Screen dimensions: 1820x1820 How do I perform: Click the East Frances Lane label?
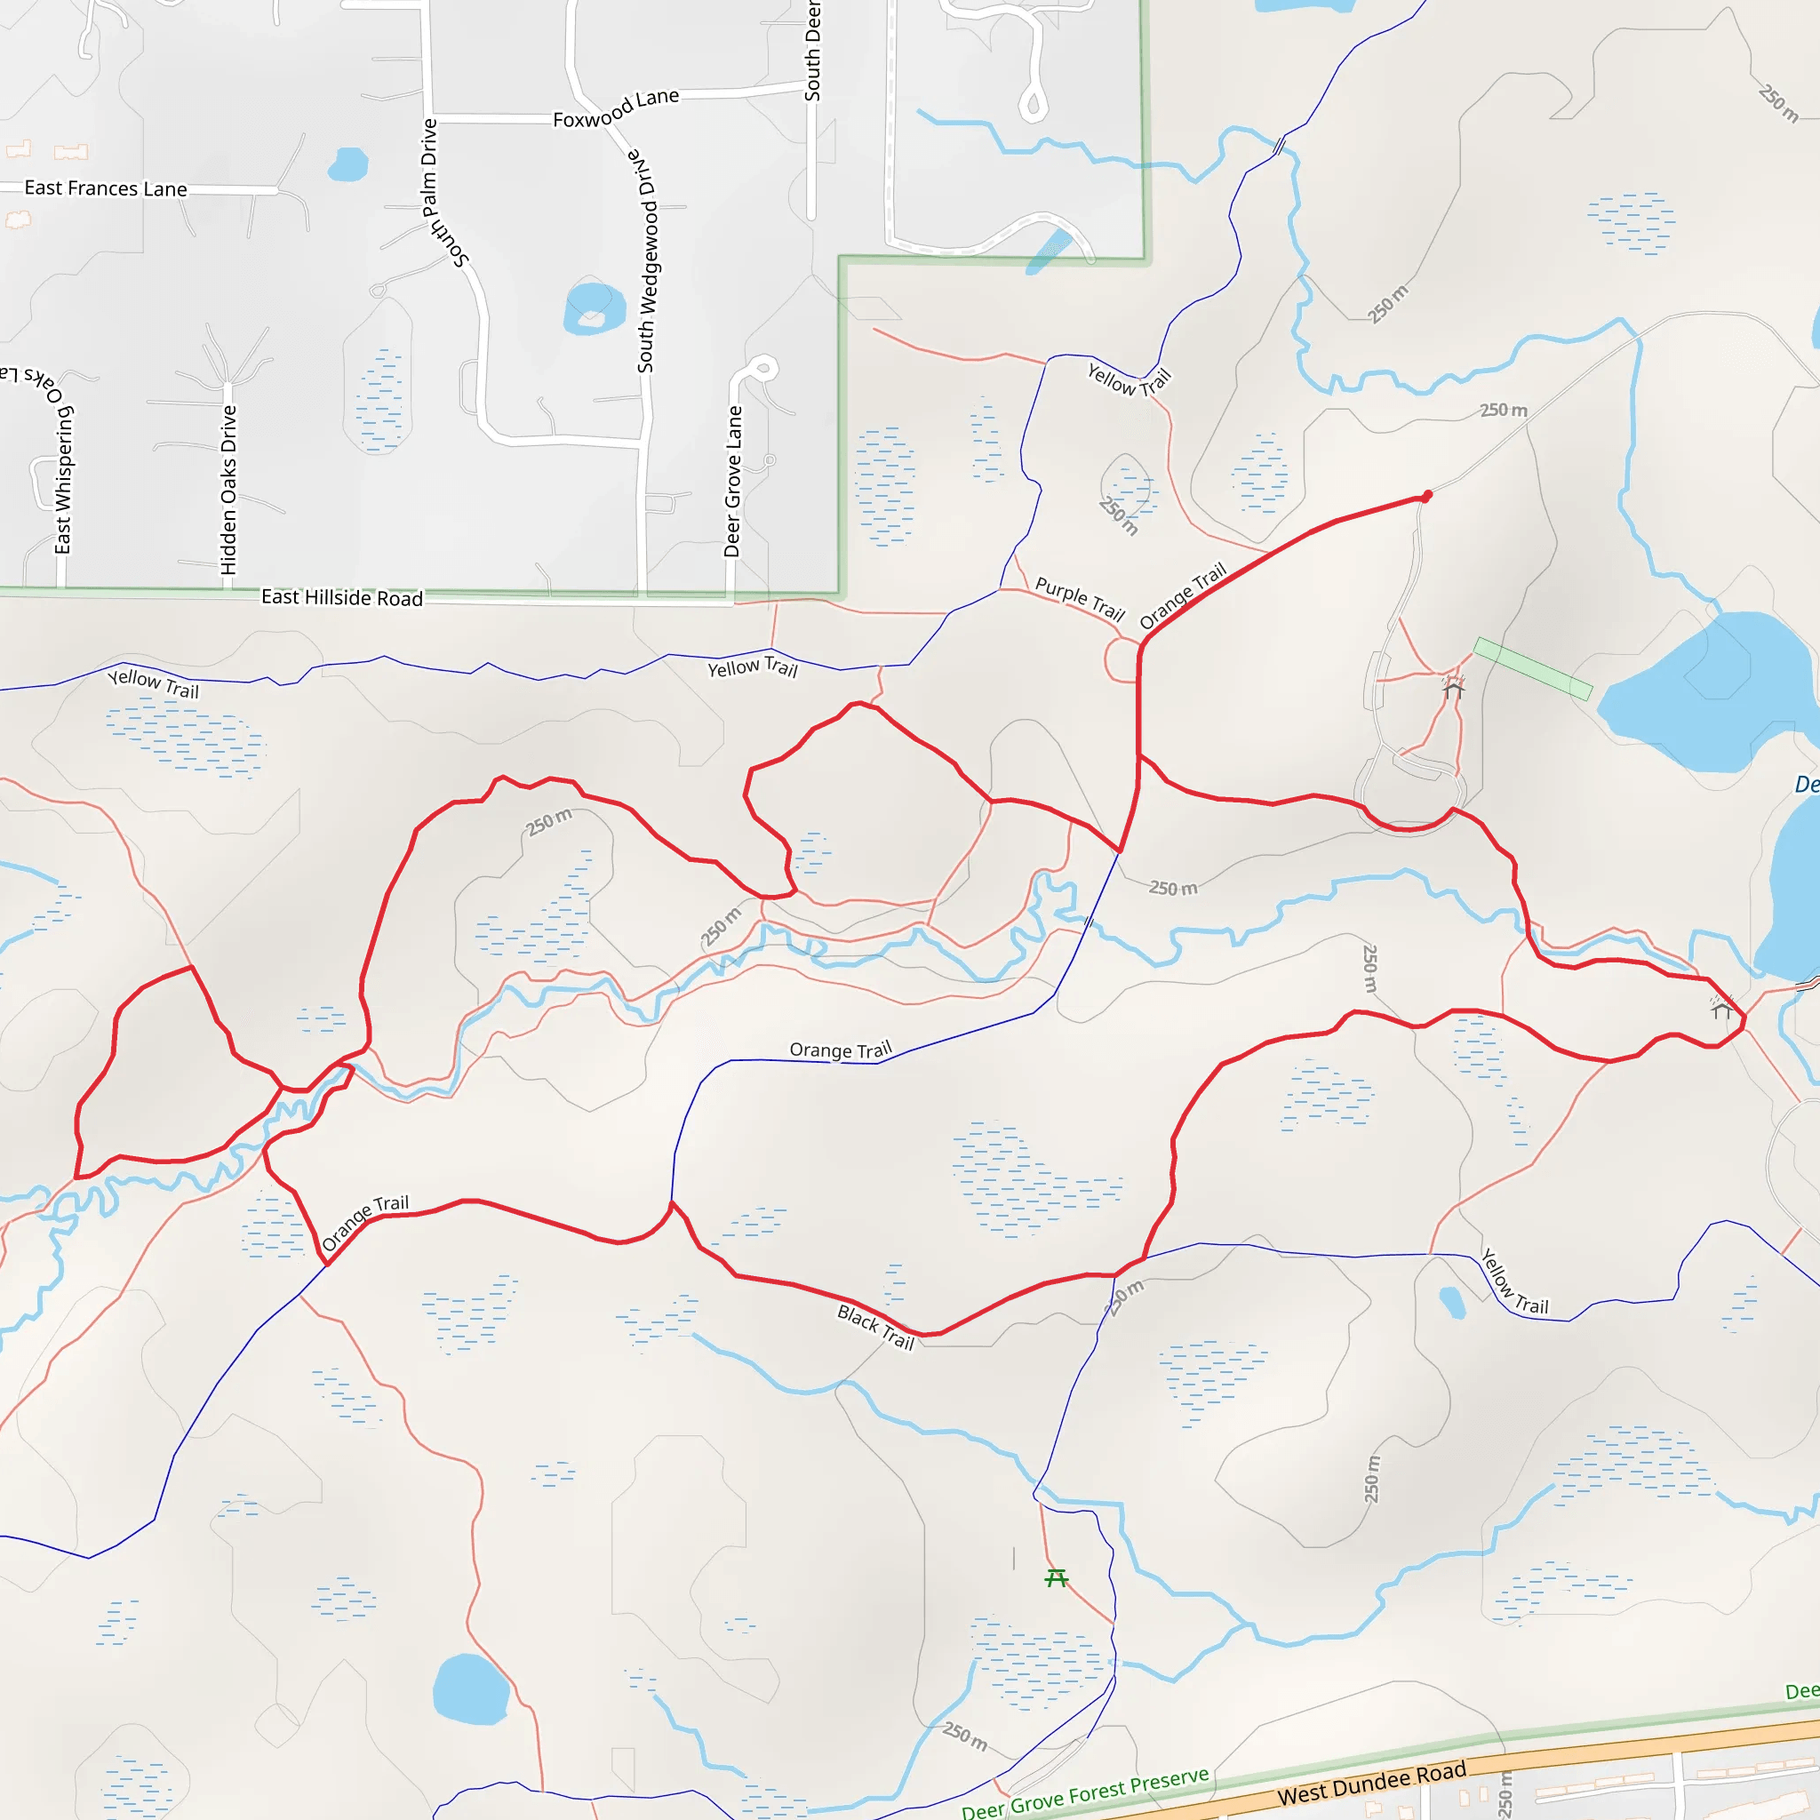coord(106,188)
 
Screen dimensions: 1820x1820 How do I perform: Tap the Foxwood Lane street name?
coord(616,108)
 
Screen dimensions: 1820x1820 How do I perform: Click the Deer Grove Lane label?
coord(733,481)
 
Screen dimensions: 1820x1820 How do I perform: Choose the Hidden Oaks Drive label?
coord(228,490)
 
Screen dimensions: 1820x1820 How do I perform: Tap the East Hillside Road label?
coord(342,597)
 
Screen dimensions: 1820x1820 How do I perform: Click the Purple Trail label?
coord(1080,598)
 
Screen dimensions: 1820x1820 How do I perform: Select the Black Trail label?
coord(876,1327)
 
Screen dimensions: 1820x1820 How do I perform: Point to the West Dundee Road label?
coord(1371,1782)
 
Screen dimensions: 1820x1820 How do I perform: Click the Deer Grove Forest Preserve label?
coord(1085,1792)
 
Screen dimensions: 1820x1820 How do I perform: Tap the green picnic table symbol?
coord(1056,1577)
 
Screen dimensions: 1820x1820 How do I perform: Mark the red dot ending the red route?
coord(1427,496)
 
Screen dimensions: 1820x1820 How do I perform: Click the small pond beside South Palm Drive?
coord(347,165)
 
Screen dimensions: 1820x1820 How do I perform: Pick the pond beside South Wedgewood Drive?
coord(595,308)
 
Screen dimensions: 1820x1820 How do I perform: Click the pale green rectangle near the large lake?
coord(1533,668)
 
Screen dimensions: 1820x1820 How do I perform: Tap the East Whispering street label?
coord(62,481)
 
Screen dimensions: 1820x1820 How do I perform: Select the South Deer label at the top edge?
coord(812,51)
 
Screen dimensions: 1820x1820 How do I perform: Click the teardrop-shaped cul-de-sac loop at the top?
coord(1034,104)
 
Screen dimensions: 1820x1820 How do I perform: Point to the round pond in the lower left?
coord(470,1690)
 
